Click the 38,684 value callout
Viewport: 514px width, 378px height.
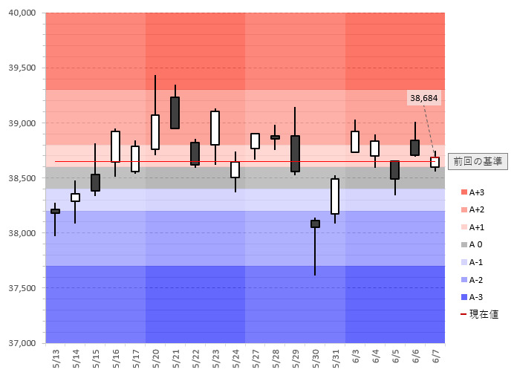[x=423, y=97]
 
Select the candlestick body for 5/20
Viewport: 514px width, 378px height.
[x=155, y=132]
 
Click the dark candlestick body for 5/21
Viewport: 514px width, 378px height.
[x=175, y=113]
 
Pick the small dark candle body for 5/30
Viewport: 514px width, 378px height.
[x=315, y=224]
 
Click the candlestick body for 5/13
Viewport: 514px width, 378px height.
[x=55, y=212]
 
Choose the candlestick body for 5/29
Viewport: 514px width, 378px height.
[x=295, y=154]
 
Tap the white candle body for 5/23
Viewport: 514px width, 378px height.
[x=215, y=128]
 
